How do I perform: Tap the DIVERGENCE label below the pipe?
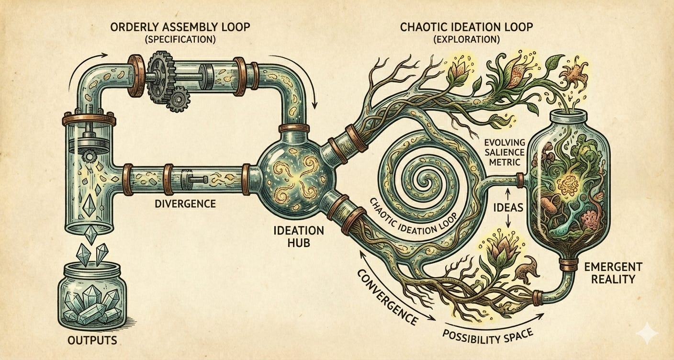[185, 204]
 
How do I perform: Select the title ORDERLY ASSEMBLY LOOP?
[180, 27]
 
